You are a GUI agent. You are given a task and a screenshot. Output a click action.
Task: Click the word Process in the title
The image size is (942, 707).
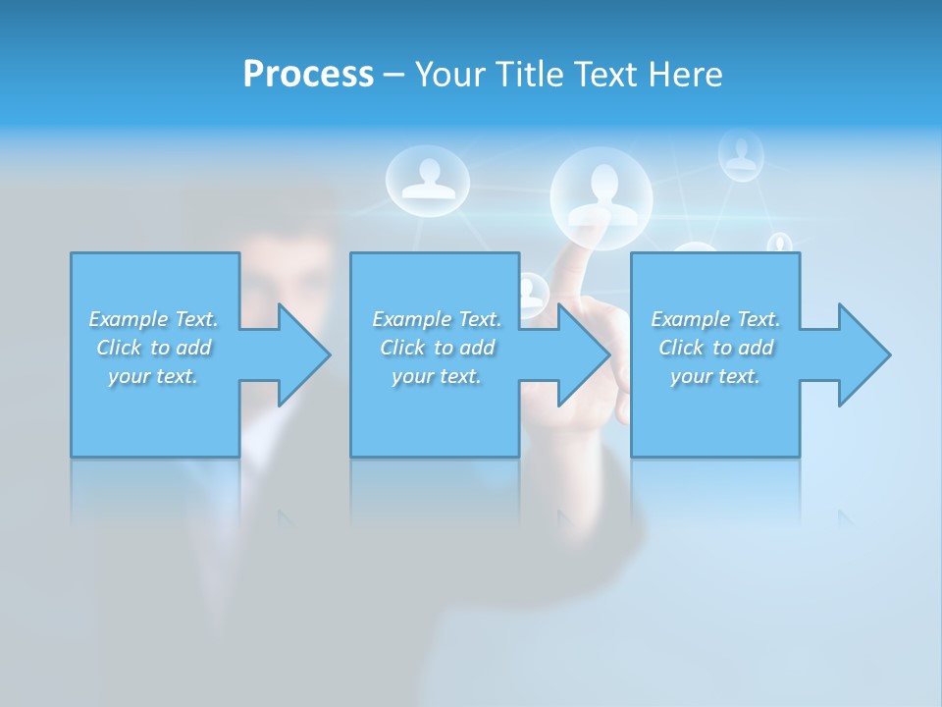pyautogui.click(x=308, y=74)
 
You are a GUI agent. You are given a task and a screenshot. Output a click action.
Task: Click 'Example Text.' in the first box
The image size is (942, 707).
pyautogui.click(x=153, y=319)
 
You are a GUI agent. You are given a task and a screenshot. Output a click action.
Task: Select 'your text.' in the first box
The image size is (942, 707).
pyautogui.click(x=153, y=376)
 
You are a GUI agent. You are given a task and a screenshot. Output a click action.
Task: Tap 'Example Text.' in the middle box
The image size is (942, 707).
pyautogui.click(x=437, y=319)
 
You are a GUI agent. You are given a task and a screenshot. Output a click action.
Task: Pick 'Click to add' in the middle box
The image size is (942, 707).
pyautogui.click(x=437, y=348)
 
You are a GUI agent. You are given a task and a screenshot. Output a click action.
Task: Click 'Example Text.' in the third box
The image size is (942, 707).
pyautogui.click(x=715, y=319)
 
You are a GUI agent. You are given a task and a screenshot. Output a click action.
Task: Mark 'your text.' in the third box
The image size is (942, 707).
pyautogui.click(x=715, y=376)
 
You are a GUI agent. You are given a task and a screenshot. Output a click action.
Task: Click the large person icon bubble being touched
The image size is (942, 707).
pyautogui.click(x=602, y=191)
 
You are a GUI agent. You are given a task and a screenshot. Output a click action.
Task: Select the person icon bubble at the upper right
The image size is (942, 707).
pyautogui.click(x=741, y=154)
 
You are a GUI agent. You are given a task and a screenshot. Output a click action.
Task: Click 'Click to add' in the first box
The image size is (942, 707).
pyautogui.click(x=153, y=348)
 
